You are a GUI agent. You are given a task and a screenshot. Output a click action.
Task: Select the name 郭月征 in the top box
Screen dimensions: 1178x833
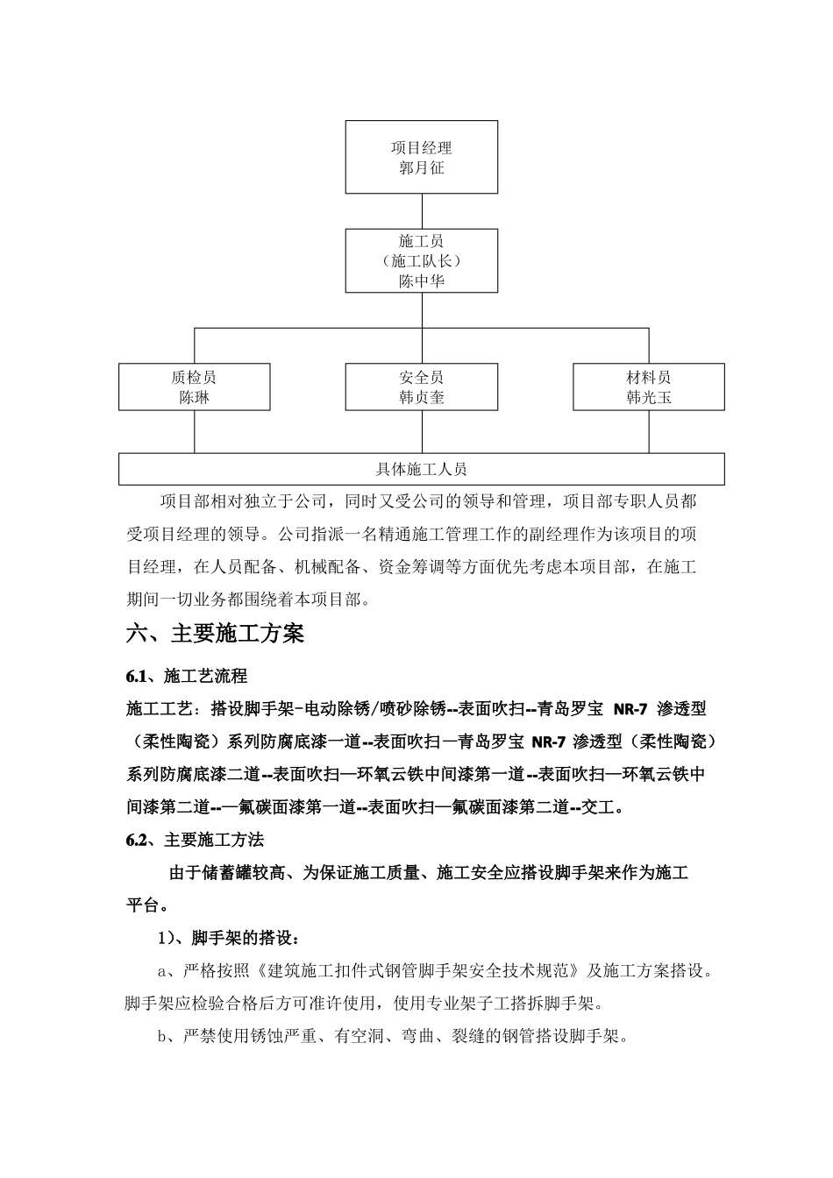click(x=422, y=167)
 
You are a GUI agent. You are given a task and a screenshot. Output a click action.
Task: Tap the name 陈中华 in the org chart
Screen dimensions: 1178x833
click(x=422, y=281)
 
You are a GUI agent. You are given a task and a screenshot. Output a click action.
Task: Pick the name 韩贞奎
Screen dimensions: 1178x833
click(x=422, y=397)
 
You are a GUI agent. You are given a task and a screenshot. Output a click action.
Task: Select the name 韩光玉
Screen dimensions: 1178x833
click(x=649, y=397)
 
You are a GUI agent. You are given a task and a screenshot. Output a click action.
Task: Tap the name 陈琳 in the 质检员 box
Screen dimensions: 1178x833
click(x=194, y=397)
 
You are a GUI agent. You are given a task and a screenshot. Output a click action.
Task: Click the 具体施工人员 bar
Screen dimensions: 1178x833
click(x=422, y=469)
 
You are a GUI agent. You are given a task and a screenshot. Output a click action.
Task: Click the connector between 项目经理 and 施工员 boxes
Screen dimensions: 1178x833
click(x=422, y=211)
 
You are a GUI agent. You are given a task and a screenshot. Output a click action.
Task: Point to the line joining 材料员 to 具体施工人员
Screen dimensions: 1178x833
click(x=649, y=431)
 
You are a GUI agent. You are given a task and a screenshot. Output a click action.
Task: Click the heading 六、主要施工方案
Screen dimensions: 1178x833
click(x=216, y=634)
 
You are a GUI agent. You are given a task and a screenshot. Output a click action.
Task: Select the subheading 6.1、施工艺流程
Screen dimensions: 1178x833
click(x=187, y=676)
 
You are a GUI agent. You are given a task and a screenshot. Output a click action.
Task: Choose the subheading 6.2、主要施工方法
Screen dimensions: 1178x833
click(x=195, y=840)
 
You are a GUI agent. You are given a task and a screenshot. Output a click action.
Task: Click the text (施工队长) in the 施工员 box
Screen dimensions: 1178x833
click(x=422, y=261)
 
